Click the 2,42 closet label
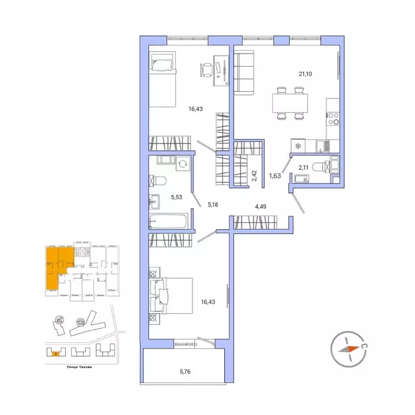(253, 176)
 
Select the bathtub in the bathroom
(169, 220)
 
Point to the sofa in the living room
(246, 73)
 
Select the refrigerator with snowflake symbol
(297, 145)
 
